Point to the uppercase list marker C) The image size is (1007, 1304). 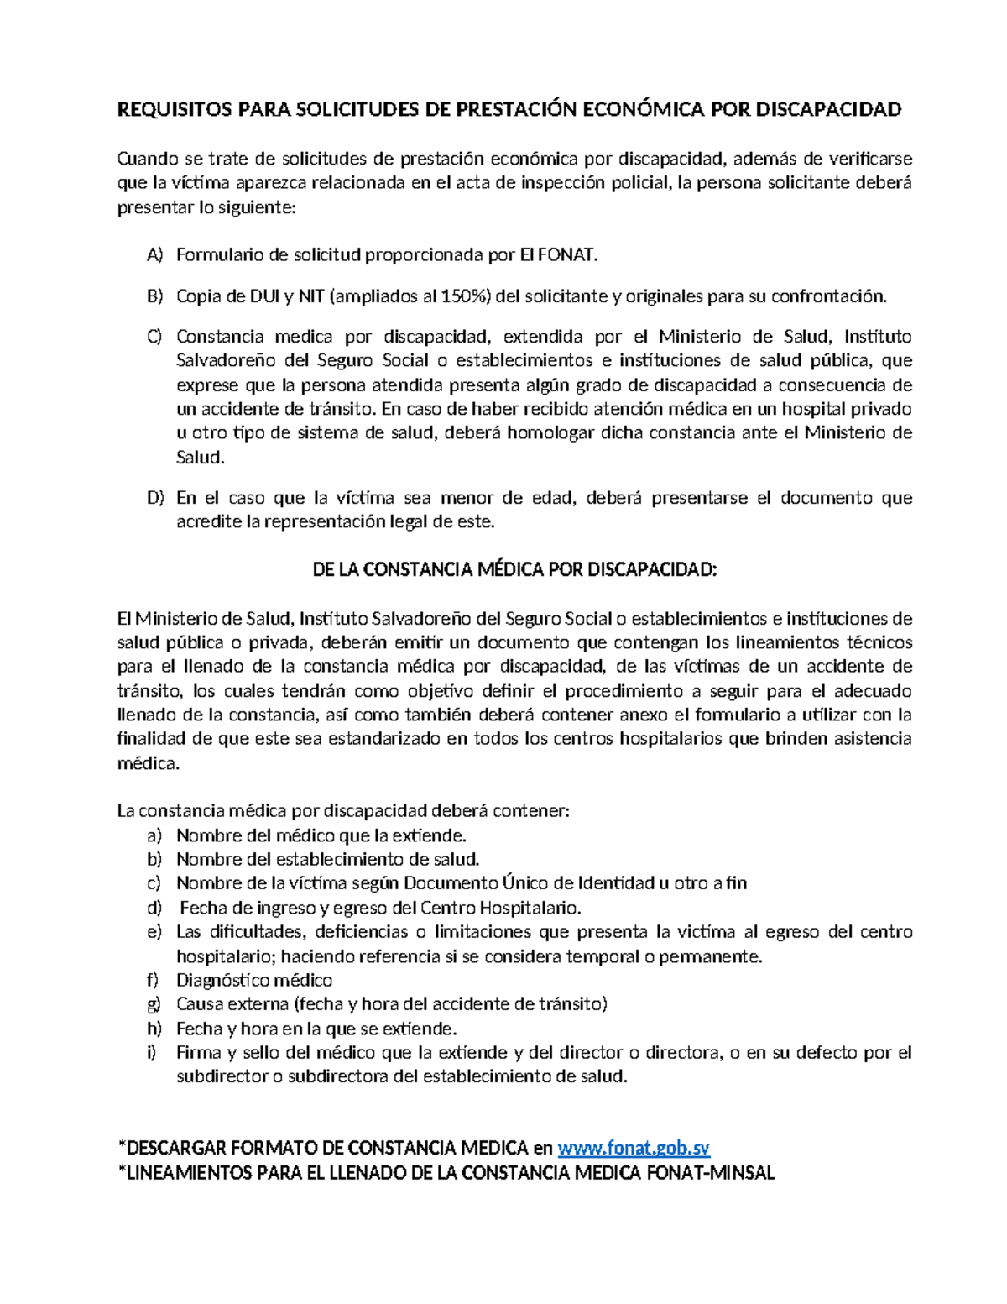(x=154, y=338)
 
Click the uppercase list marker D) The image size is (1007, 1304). (x=154, y=498)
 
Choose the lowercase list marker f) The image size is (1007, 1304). (x=152, y=980)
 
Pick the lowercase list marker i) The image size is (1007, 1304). (x=152, y=1052)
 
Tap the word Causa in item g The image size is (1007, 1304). (x=200, y=1004)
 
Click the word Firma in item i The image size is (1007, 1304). (x=196, y=1052)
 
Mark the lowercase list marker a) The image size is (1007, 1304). (x=153, y=835)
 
